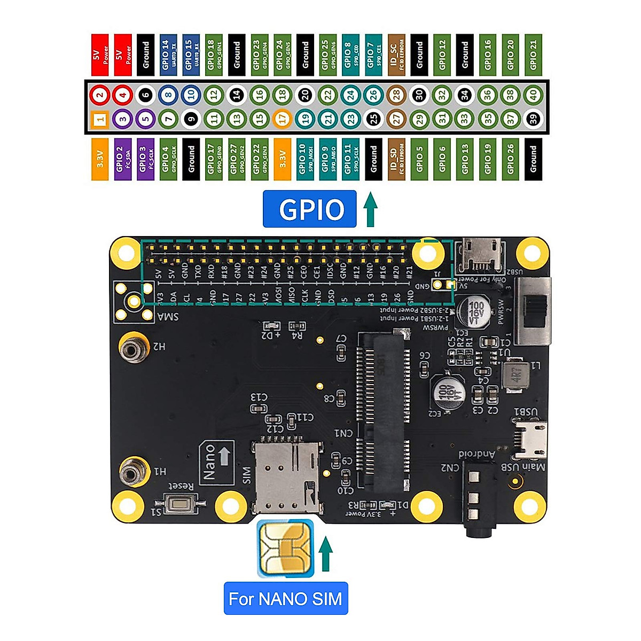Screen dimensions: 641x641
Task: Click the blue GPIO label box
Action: pyautogui.click(x=309, y=209)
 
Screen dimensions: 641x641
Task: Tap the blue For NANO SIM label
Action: pyautogui.click(x=285, y=598)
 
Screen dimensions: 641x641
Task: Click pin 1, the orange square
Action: pyautogui.click(x=100, y=119)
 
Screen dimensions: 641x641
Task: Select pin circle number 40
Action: pyautogui.click(x=533, y=95)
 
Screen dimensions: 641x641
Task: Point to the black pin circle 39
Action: pyautogui.click(x=533, y=119)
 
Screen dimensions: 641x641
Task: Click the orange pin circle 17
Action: pyautogui.click(x=283, y=119)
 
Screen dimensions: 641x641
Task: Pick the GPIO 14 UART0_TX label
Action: pyautogui.click(x=168, y=54)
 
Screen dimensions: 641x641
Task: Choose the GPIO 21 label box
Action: pyautogui.click(x=533, y=54)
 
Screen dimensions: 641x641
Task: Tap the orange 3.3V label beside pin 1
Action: pyautogui.click(x=100, y=159)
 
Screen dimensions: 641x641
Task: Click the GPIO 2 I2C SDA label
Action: pyautogui.click(x=123, y=159)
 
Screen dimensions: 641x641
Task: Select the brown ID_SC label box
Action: pyautogui.click(x=396, y=54)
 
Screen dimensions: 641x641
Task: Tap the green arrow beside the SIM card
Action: pyautogui.click(x=325, y=556)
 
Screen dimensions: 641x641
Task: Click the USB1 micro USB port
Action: pyautogui.click(x=530, y=438)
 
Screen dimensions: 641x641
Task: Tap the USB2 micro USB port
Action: pyautogui.click(x=482, y=254)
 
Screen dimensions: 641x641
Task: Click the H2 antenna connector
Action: pyautogui.click(x=132, y=350)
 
